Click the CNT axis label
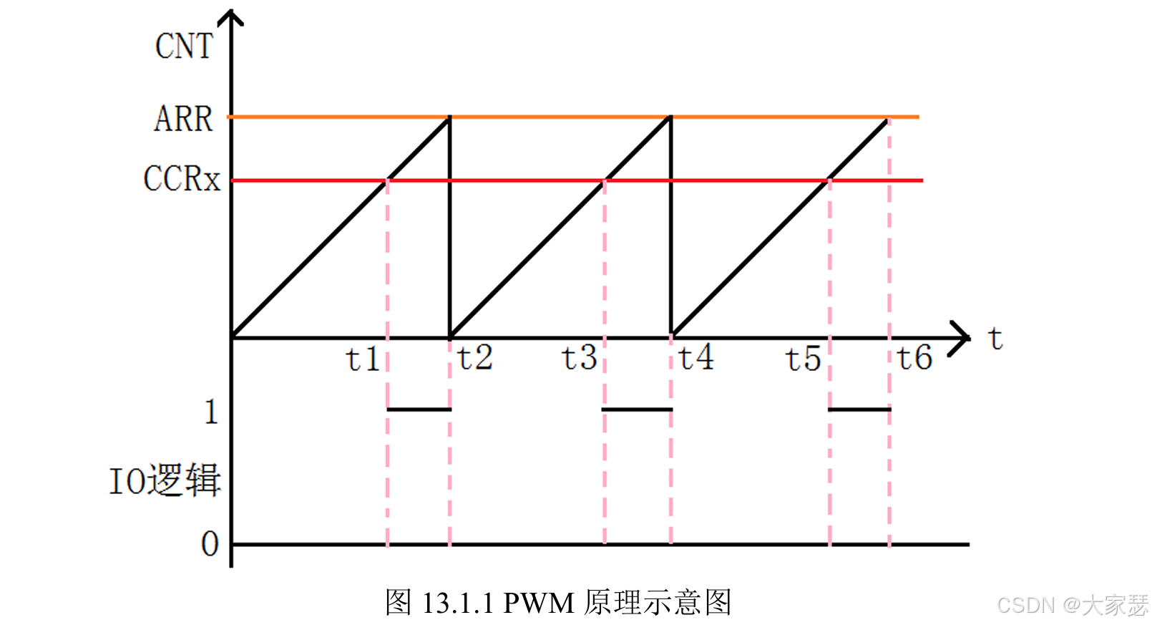point(184,47)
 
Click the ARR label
point(184,118)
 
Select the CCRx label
point(182,179)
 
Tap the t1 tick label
point(363,359)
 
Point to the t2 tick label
point(475,357)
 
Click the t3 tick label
point(579,357)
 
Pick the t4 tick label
point(696,357)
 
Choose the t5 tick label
point(803,359)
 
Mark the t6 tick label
point(914,357)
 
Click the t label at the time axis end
point(995,338)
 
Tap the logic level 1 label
point(210,412)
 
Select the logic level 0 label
point(210,544)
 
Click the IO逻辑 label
point(165,480)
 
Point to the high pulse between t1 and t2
point(419,410)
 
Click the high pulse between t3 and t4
point(637,410)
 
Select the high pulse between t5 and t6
point(859,410)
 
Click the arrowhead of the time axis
point(960,338)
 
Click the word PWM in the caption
point(539,603)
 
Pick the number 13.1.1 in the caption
point(458,603)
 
